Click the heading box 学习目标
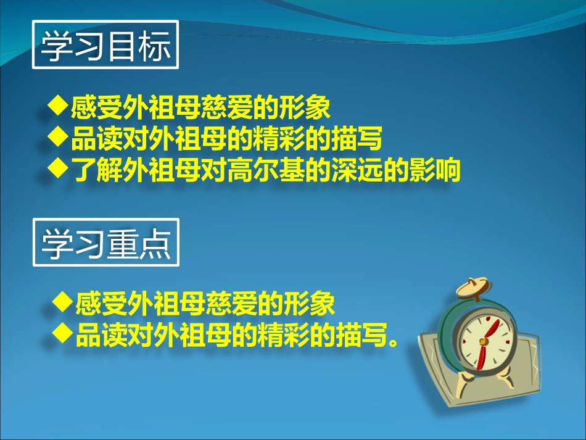coord(105,46)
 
